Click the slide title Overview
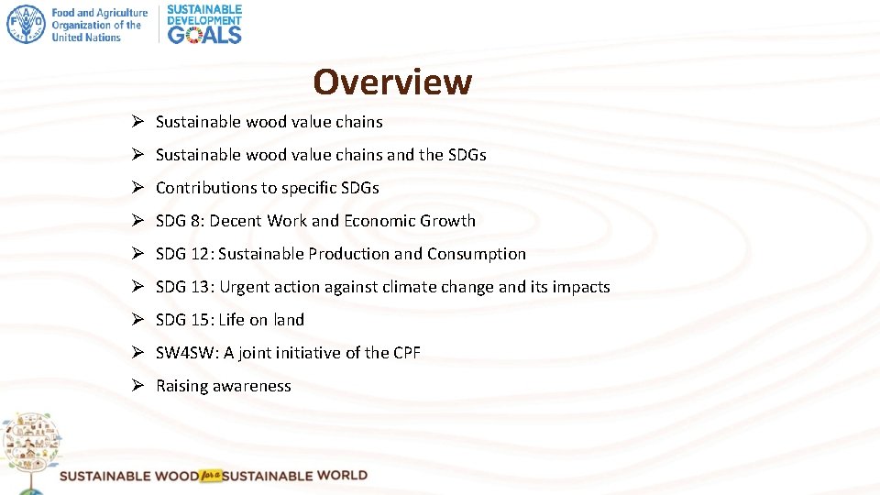pyautogui.click(x=392, y=82)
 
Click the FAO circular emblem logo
pyautogui.click(x=25, y=24)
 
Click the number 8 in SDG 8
pyautogui.click(x=195, y=221)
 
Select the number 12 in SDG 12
pyautogui.click(x=200, y=254)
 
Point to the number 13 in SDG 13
pyautogui.click(x=200, y=287)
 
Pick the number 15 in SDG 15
pyautogui.click(x=200, y=320)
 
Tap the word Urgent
pyautogui.click(x=246, y=287)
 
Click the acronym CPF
pyautogui.click(x=405, y=353)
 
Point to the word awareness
pyautogui.click(x=252, y=386)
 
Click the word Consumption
pyautogui.click(x=477, y=254)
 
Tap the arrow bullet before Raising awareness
pyautogui.click(x=135, y=386)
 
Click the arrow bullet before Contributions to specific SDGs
pyautogui.click(x=135, y=188)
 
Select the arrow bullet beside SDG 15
pyautogui.click(x=135, y=320)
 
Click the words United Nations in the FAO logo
pyautogui.click(x=86, y=38)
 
